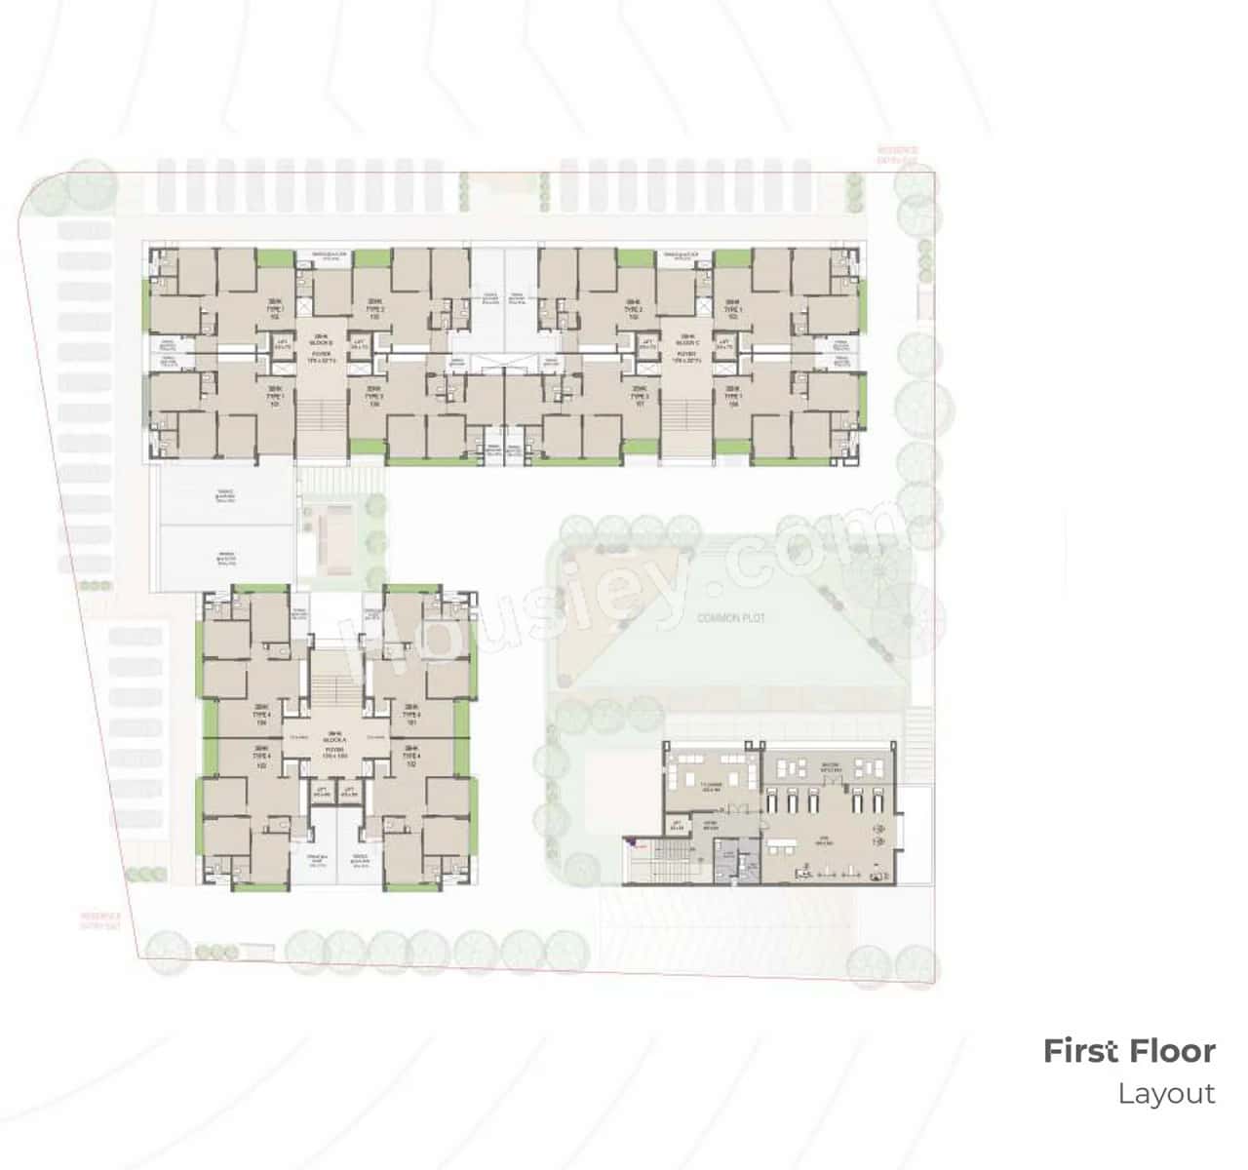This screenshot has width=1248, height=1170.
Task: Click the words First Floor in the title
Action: click(x=1129, y=1051)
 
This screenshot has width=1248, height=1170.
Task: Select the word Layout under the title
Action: click(x=1166, y=1093)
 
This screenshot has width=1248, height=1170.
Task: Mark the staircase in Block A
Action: click(x=336, y=688)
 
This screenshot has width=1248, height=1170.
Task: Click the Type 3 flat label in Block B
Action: click(x=373, y=394)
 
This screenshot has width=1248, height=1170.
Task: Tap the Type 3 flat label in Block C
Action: click(x=639, y=394)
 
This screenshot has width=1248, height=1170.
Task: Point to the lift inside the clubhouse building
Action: click(x=678, y=826)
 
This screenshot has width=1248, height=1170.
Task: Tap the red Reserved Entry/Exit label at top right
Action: click(x=897, y=154)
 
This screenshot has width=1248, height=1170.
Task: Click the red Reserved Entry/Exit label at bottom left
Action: click(x=99, y=919)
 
